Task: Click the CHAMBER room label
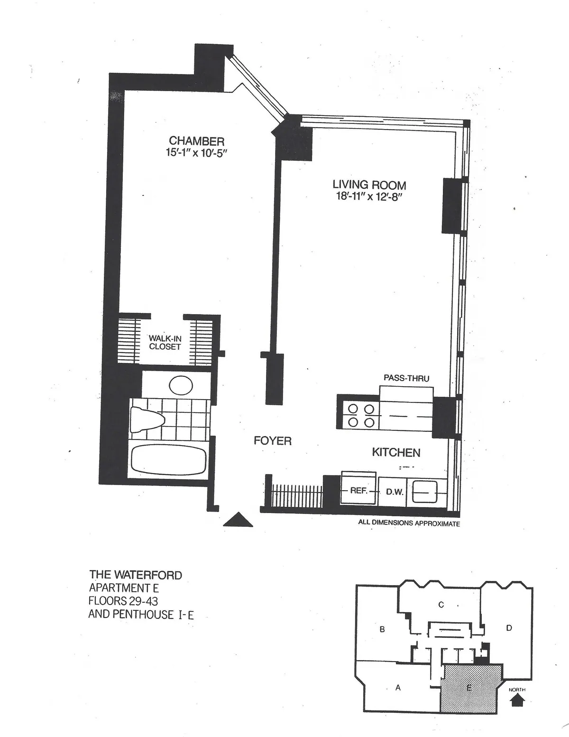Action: point(196,141)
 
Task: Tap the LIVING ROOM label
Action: point(369,185)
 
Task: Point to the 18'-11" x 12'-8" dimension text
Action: point(369,196)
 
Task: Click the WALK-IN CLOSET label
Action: point(165,342)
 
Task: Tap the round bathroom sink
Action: point(181,385)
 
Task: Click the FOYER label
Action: point(273,441)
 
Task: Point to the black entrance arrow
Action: point(239,520)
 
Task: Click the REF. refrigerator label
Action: point(358,491)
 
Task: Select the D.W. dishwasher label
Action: point(394,492)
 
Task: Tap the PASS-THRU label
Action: point(406,378)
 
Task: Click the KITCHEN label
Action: point(396,452)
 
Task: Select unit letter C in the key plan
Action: point(441,605)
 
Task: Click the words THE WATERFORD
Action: point(136,575)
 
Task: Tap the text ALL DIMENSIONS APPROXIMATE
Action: point(409,524)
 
